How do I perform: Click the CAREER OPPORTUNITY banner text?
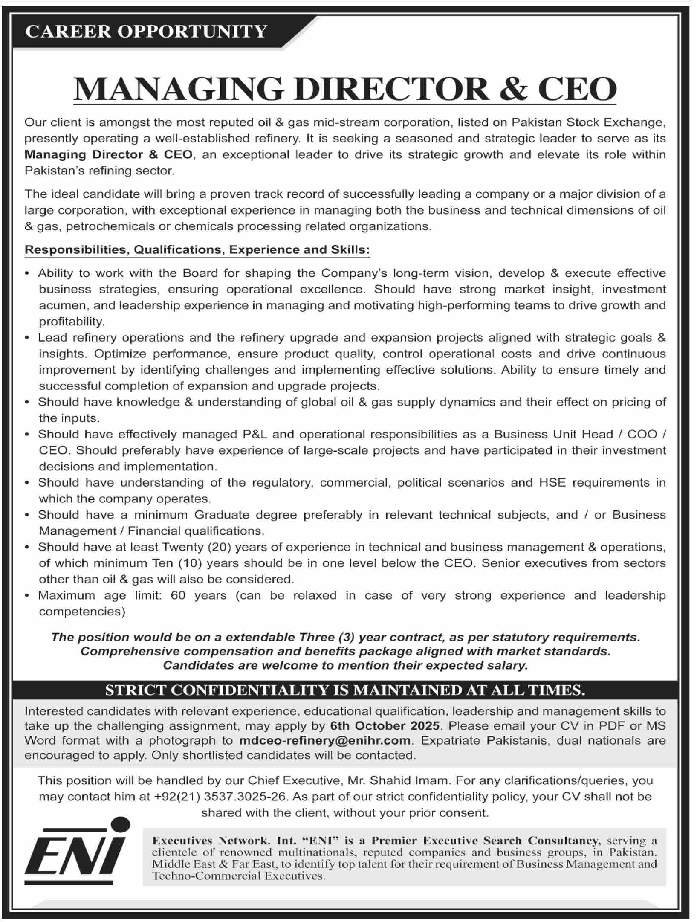click(x=146, y=32)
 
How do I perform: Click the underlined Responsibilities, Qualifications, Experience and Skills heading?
click(x=197, y=249)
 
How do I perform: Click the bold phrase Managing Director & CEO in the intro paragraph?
click(x=108, y=154)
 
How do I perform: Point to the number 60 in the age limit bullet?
click(x=178, y=595)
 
